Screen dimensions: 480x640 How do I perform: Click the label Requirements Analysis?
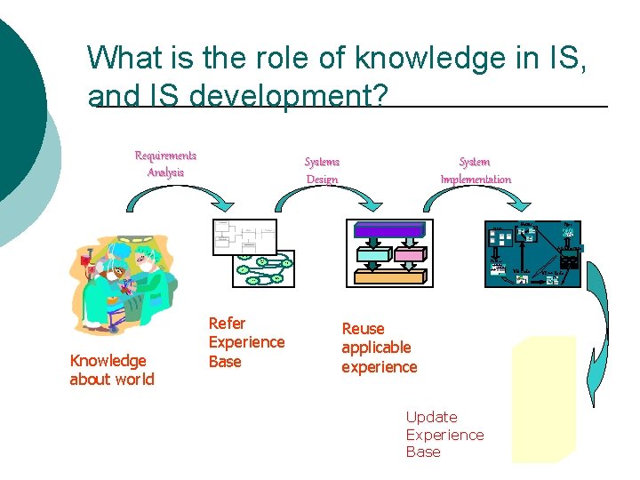tap(165, 164)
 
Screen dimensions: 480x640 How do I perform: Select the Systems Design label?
tap(322, 170)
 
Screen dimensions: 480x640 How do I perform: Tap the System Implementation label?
tap(476, 170)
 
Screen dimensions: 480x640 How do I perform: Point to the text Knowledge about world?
tap(112, 370)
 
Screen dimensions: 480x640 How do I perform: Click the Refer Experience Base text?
tap(246, 342)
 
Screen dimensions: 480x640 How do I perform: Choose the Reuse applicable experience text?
tap(379, 348)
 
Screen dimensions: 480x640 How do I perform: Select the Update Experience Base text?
tap(444, 434)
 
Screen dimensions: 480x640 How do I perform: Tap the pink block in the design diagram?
tap(410, 254)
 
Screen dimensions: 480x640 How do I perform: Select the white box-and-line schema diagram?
tap(244, 236)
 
